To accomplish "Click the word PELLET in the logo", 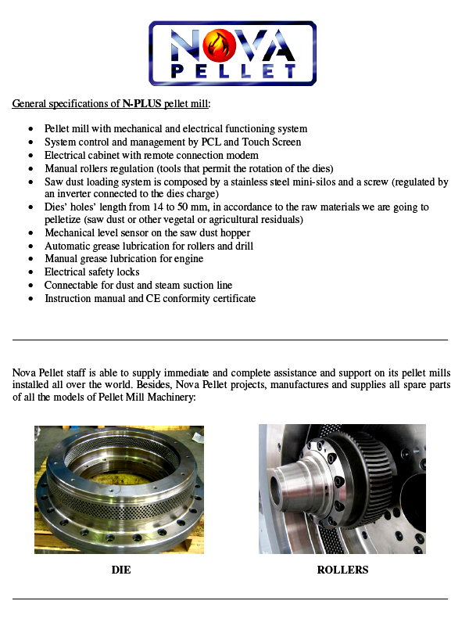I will click(232, 72).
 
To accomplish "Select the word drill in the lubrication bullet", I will click(242, 246).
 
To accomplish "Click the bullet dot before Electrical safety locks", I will click(30, 272).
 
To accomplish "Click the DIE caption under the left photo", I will click(120, 570).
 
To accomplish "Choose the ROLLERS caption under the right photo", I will click(342, 570).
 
